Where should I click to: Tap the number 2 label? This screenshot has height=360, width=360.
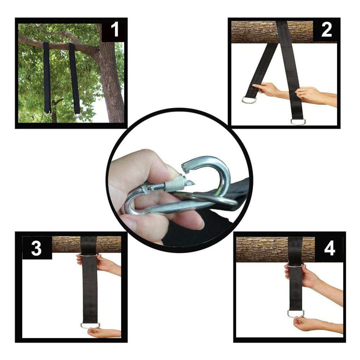pyautogui.click(x=326, y=30)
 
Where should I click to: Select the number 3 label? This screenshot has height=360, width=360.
pyautogui.click(x=36, y=248)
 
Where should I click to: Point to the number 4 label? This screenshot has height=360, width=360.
pyautogui.click(x=329, y=249)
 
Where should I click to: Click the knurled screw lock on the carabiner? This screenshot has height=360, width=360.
pyautogui.click(x=175, y=184)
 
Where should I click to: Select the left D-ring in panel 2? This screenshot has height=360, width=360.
pyautogui.click(x=249, y=100)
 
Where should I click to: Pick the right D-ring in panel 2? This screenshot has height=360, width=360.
pyautogui.click(x=298, y=121)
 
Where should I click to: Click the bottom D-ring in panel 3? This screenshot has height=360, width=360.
pyautogui.click(x=90, y=325)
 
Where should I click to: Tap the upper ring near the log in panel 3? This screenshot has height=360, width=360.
pyautogui.click(x=89, y=254)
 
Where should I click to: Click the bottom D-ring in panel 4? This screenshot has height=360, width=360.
pyautogui.click(x=295, y=313)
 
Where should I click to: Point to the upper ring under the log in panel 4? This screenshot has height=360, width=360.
pyautogui.click(x=295, y=265)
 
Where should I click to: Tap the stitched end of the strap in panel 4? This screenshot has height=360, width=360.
pyautogui.click(x=295, y=305)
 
